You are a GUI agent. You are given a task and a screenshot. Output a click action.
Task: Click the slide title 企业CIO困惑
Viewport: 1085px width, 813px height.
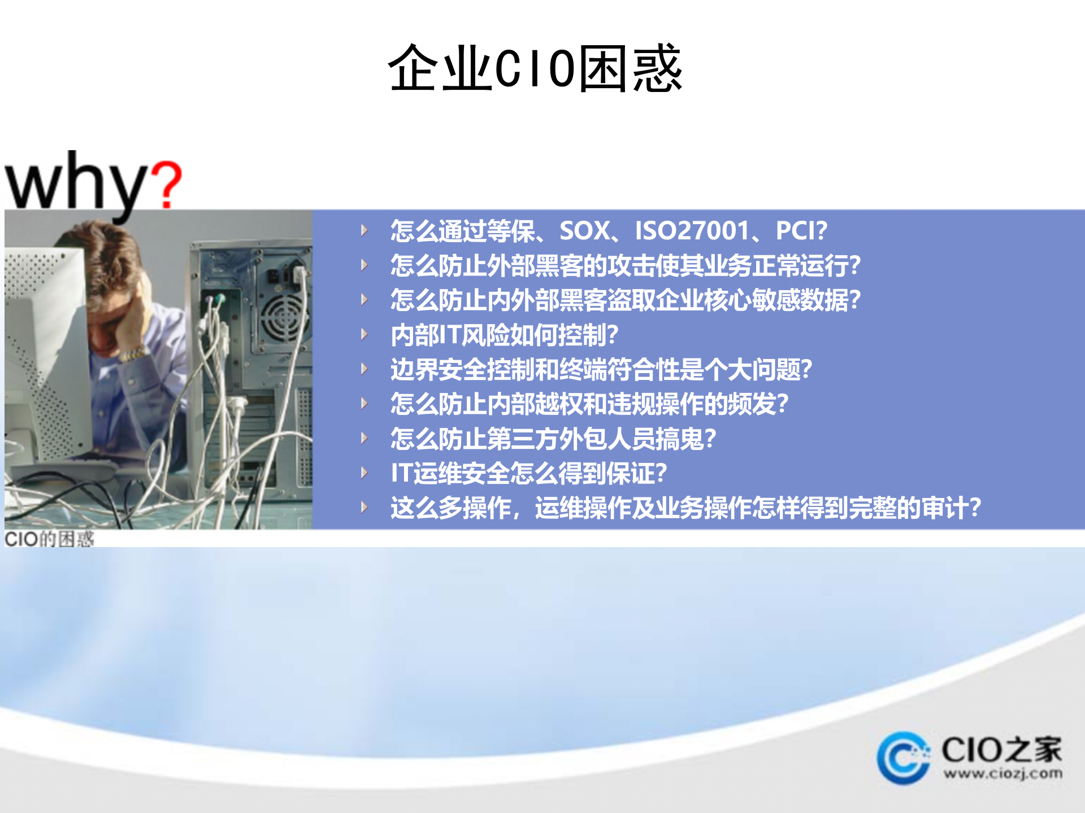coord(535,68)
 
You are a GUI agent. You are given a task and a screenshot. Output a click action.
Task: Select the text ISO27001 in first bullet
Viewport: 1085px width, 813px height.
coord(692,230)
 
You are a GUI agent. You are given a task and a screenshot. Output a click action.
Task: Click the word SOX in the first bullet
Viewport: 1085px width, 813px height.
coord(584,230)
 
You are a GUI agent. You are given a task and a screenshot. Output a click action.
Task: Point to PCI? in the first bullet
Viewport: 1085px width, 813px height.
coord(801,230)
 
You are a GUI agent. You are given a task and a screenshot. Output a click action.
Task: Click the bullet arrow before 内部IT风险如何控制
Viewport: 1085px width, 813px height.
coord(364,334)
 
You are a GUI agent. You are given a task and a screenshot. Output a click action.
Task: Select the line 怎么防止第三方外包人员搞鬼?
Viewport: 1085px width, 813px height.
coord(553,439)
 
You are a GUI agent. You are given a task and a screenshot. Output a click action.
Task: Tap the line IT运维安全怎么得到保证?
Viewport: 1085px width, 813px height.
coord(529,473)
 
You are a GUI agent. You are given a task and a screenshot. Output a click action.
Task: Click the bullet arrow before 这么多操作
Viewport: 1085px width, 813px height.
coord(364,507)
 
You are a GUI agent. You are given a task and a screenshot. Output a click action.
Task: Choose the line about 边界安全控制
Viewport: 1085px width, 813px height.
coord(601,369)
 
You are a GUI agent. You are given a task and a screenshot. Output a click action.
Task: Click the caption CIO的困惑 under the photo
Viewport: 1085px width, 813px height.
coord(49,539)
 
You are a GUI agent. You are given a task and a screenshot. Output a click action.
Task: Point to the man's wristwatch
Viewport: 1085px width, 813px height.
coord(133,355)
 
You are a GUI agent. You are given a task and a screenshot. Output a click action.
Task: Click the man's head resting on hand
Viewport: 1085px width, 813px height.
coord(116,299)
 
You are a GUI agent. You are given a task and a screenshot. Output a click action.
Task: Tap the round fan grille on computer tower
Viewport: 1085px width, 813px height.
coord(281,316)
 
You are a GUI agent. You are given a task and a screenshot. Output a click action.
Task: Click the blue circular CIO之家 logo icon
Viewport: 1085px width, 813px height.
coord(903,758)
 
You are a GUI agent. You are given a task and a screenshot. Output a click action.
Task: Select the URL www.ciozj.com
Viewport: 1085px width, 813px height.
coord(1002,773)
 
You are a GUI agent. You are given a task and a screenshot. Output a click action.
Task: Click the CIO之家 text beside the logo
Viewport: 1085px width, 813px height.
coord(1001,750)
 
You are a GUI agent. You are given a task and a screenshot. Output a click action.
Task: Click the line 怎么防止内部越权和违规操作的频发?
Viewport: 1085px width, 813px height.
coord(589,404)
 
